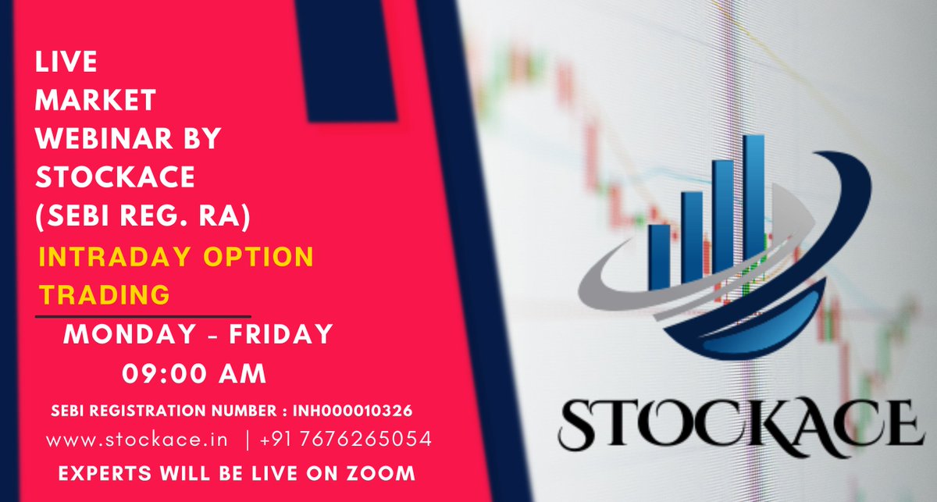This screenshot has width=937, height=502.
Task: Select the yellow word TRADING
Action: (105, 294)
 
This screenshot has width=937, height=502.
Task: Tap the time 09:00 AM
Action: (194, 374)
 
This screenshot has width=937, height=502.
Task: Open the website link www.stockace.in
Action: (137, 440)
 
